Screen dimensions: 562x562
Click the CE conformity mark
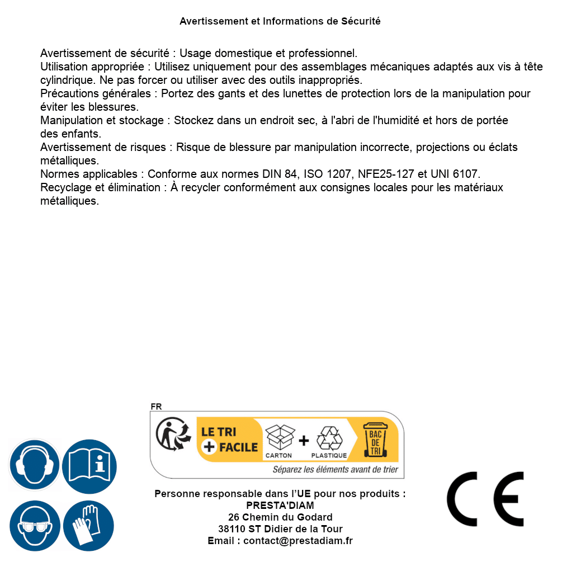tap(485, 499)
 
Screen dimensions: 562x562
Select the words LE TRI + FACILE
tap(229, 440)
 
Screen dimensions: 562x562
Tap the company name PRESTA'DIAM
tap(280, 506)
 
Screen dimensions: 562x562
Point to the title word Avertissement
tap(212, 21)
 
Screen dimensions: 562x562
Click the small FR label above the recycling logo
tap(156, 407)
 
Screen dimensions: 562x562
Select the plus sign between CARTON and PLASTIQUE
tap(304, 441)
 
